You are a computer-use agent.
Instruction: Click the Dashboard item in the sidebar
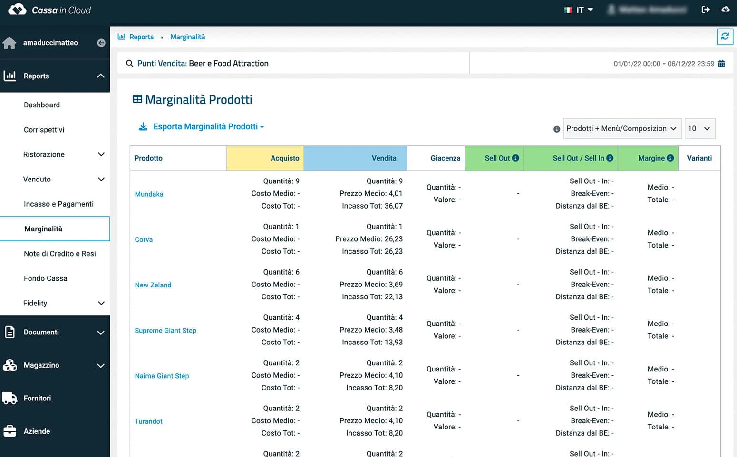(42, 105)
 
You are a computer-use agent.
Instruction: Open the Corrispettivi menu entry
(44, 130)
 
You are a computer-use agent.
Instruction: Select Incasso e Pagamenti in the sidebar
(58, 204)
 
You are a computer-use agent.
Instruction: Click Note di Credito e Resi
(60, 254)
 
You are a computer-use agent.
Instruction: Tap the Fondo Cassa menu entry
(45, 278)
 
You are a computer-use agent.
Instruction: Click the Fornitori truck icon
(10, 398)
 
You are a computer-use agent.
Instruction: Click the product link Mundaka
(149, 194)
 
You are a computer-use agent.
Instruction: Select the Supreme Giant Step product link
(165, 331)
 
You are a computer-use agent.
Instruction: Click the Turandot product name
(148, 421)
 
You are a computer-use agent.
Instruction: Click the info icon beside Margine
(670, 158)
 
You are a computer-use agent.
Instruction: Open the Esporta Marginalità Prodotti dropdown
(208, 127)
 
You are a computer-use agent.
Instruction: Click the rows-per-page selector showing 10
(699, 129)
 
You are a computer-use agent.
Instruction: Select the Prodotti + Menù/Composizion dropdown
(621, 129)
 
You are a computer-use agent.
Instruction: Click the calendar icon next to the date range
(721, 64)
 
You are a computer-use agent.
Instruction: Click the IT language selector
(579, 10)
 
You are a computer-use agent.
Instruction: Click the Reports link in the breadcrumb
(141, 37)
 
